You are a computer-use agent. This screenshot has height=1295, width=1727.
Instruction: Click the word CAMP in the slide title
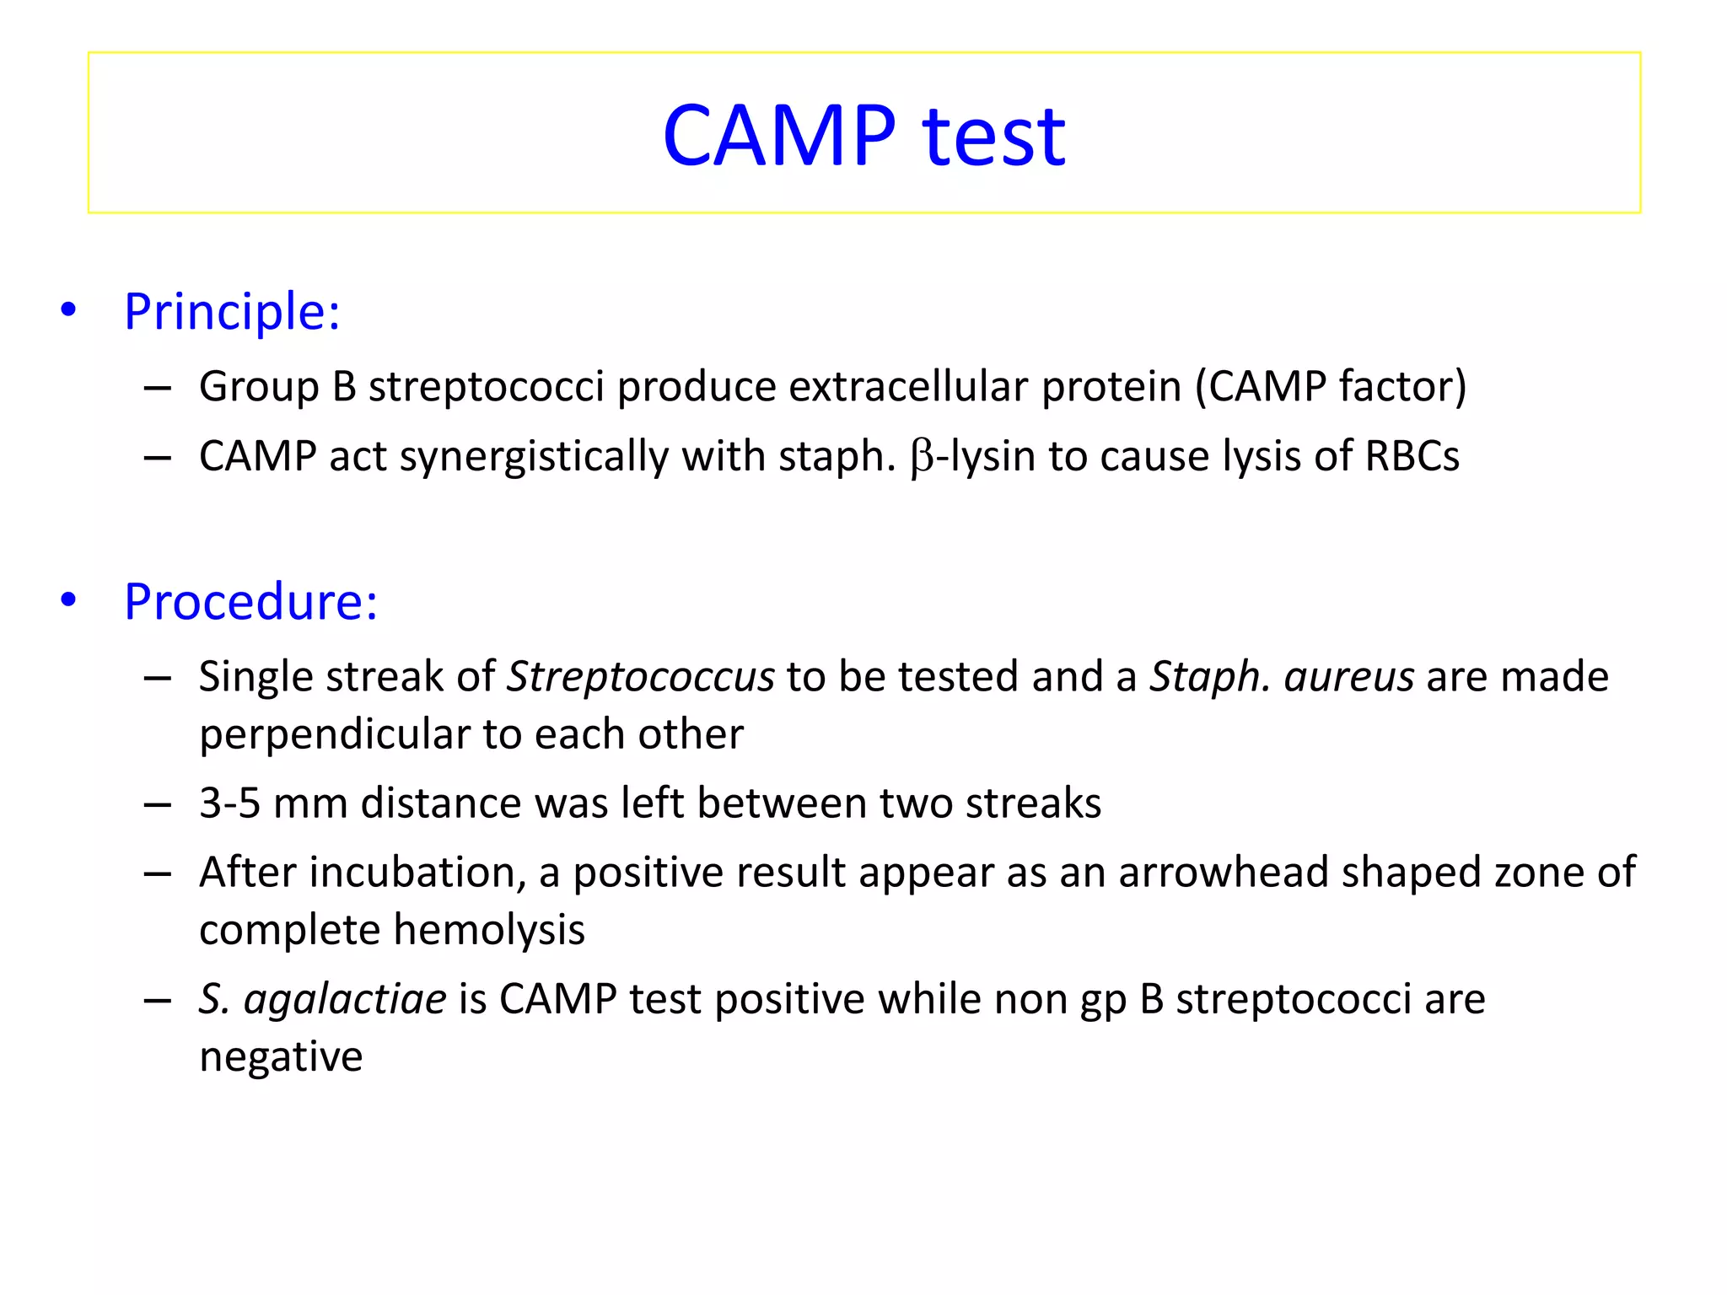coord(778,135)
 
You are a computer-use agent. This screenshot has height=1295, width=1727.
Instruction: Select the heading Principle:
coord(232,311)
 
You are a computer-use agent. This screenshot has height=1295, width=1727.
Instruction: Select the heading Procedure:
coord(250,601)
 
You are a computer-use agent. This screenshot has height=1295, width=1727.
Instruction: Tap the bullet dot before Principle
coord(68,309)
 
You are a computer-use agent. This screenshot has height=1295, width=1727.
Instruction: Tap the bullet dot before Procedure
coord(68,600)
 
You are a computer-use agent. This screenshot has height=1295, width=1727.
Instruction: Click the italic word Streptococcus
coord(640,677)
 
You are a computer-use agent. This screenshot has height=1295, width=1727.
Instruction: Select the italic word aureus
coord(1348,677)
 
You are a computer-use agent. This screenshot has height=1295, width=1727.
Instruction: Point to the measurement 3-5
coord(229,803)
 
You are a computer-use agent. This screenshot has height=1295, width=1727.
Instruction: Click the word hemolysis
coord(489,930)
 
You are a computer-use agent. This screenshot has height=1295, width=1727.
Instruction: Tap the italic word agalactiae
coord(345,1000)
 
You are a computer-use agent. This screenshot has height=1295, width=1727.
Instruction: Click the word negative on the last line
coord(281,1057)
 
